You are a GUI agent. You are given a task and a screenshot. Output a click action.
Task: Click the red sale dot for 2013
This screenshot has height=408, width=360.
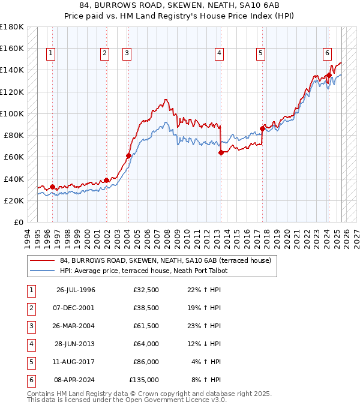click(x=221, y=152)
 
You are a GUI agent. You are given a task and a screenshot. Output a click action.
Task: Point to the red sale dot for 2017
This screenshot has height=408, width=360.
click(x=262, y=128)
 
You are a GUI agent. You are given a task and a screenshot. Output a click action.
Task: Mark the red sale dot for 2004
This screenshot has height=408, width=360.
click(x=128, y=155)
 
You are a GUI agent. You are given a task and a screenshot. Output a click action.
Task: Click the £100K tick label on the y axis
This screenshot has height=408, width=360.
click(x=11, y=113)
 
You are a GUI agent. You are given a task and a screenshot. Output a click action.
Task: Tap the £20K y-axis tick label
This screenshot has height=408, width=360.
click(x=13, y=200)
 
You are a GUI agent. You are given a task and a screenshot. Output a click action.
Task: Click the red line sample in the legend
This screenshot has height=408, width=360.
click(x=41, y=260)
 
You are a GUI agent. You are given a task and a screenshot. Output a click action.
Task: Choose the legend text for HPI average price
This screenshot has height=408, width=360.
click(x=143, y=271)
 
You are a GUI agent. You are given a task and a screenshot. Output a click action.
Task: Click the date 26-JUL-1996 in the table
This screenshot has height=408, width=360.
click(x=76, y=290)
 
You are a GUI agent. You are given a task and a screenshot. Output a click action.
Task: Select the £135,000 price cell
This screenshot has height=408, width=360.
click(x=144, y=380)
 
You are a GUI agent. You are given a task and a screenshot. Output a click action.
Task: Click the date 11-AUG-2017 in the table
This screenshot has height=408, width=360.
click(x=76, y=362)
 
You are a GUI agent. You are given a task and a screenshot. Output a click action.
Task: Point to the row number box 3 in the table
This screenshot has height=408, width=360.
click(x=30, y=326)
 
